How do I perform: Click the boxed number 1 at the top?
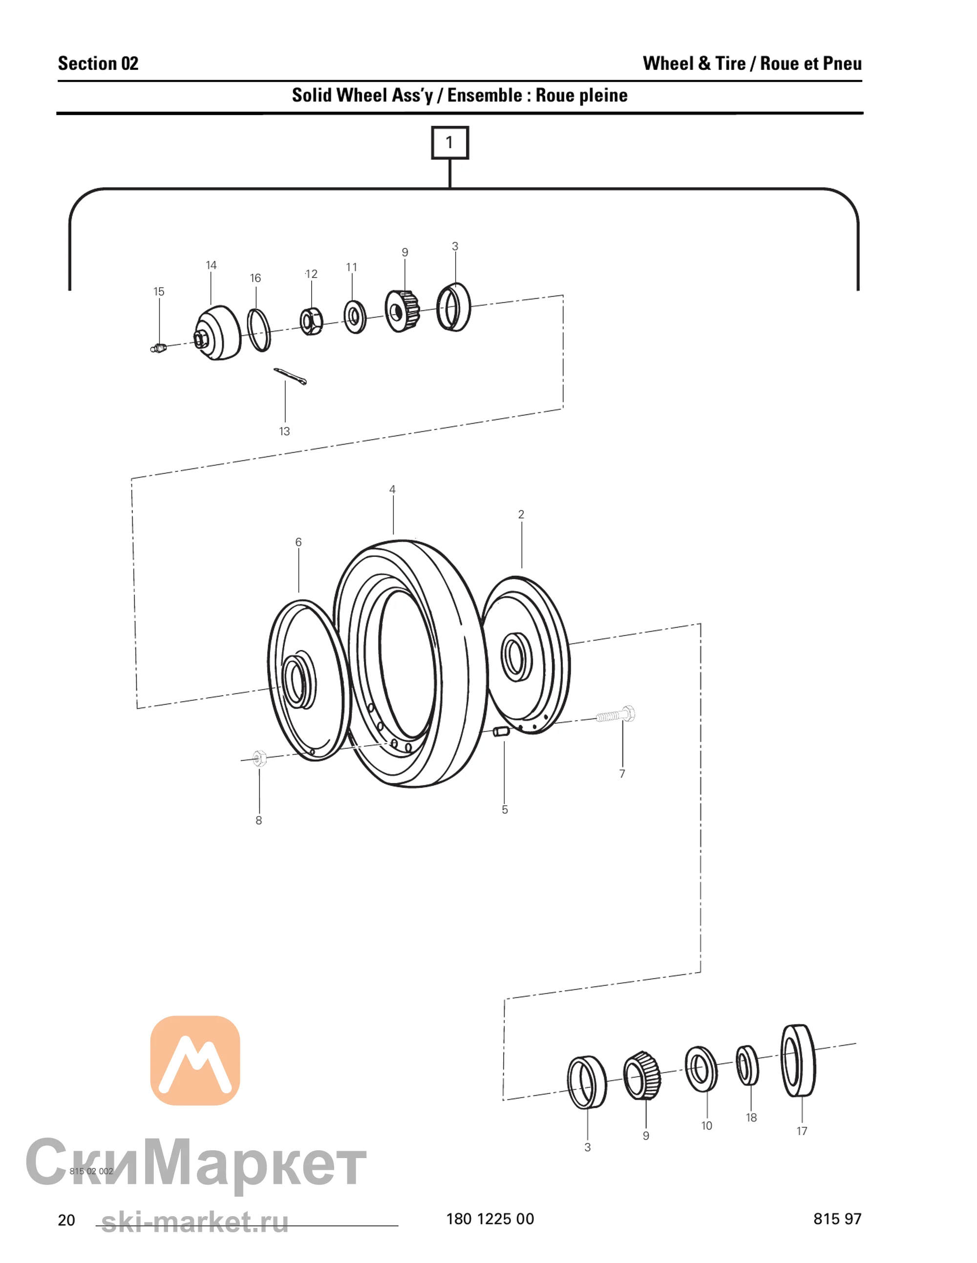point(450,143)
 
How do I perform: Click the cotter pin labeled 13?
point(290,376)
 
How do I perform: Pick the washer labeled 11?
point(354,316)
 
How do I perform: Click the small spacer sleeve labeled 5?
point(500,732)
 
